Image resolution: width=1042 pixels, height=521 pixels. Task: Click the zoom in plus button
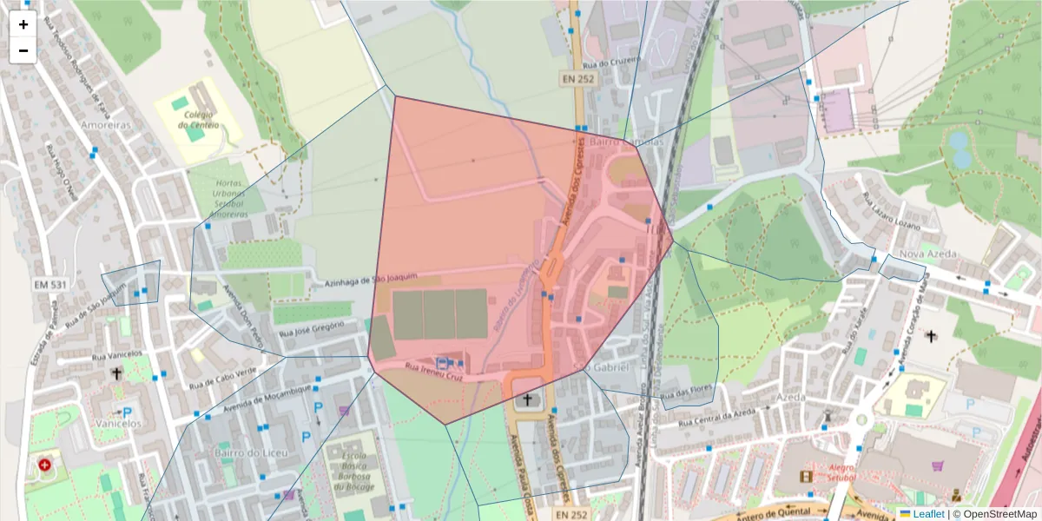coord(23,24)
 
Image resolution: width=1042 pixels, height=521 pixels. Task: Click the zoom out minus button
coord(23,50)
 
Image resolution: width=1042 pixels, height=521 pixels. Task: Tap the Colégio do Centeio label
coord(198,119)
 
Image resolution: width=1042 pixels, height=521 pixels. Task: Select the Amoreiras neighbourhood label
coord(105,125)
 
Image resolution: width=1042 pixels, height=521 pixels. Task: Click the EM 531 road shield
coord(50,284)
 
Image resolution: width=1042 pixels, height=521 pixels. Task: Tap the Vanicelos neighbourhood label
coord(119,424)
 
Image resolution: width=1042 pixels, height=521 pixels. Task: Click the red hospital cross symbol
coord(44,465)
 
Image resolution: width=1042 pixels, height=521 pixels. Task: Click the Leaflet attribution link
coord(927,514)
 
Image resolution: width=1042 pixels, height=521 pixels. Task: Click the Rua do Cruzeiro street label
coord(612,62)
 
